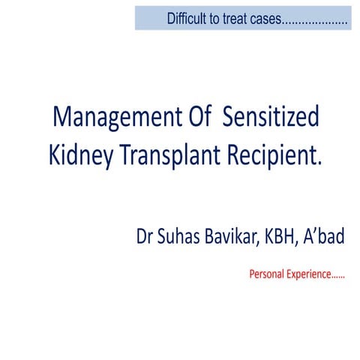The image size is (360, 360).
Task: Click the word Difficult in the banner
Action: click(x=188, y=18)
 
